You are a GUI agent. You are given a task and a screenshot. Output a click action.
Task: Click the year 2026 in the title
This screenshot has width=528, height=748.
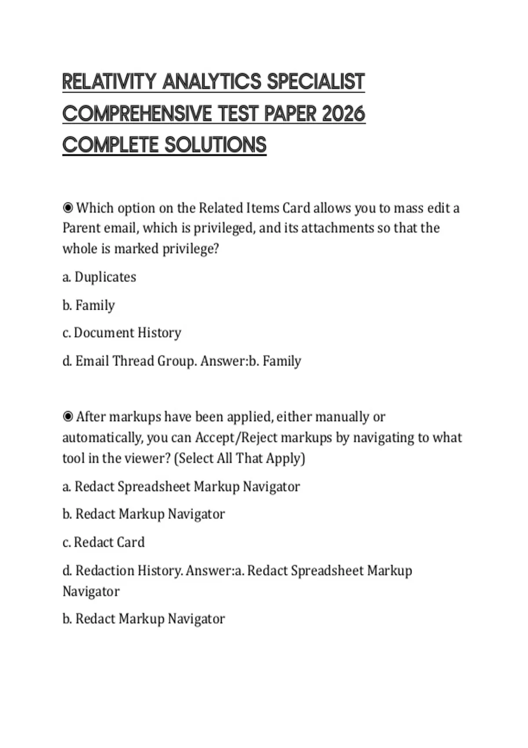[x=343, y=114]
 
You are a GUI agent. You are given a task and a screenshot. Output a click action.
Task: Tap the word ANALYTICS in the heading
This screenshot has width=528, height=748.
[x=212, y=82]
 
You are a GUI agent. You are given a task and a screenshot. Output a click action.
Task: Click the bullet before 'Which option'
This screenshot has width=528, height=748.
[x=68, y=207]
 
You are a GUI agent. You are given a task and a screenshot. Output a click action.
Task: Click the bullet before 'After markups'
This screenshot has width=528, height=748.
[x=68, y=416]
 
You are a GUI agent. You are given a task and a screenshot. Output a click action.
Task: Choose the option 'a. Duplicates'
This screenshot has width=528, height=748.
[x=99, y=277]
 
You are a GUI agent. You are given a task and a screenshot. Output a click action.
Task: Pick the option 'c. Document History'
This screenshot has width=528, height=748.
[x=122, y=333]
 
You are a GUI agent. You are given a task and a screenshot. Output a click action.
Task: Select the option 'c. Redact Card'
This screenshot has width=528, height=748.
[x=103, y=542]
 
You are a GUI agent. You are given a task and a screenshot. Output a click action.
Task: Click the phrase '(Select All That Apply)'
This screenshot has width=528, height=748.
[x=240, y=458]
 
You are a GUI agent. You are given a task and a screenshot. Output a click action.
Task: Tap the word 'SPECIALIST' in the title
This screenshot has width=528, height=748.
[x=316, y=82]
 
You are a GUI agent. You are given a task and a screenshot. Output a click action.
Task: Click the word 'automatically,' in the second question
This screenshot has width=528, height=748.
[x=103, y=437]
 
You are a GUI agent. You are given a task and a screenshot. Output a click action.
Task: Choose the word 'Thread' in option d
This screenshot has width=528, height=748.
[x=133, y=361]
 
